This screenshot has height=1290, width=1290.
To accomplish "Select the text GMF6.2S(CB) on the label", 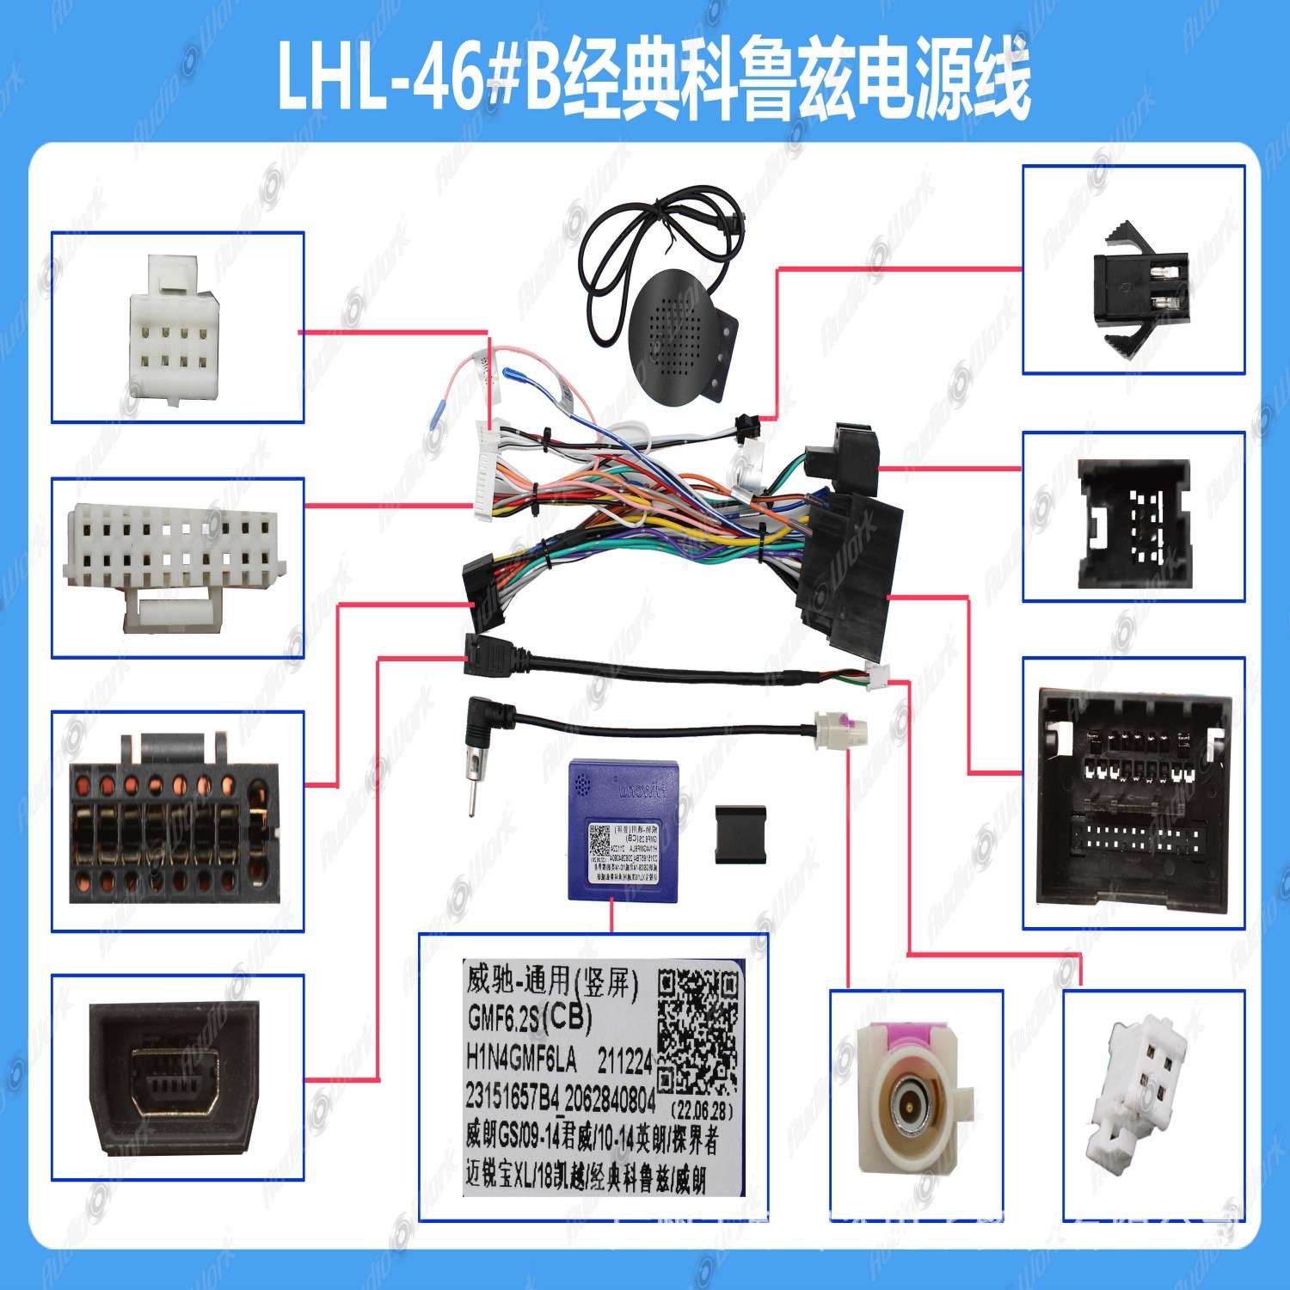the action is (529, 1018).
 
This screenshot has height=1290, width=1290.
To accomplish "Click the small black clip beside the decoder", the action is (740, 832).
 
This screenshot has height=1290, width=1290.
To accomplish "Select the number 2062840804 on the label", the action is (610, 1099).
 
